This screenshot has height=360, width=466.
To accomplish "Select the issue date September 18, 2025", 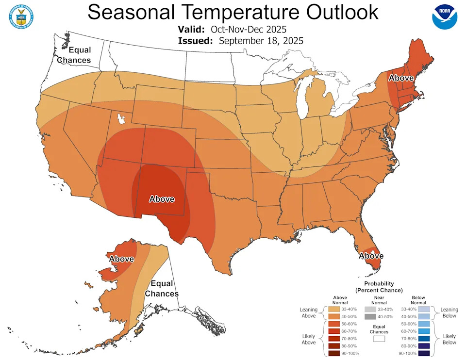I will point(261,41).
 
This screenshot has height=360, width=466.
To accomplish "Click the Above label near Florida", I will point(371,256).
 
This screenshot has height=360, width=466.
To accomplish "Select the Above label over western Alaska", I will point(121,259).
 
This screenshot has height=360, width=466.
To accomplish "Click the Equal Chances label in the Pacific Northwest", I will point(74,55).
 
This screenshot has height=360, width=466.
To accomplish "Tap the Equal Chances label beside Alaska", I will point(162,289).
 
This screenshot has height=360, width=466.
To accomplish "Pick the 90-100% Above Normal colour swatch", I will point(334,353).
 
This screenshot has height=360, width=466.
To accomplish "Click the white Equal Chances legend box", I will point(379,339).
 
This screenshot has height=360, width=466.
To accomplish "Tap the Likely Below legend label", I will point(450,339).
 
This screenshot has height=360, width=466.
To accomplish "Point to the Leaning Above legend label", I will point(309,312).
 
